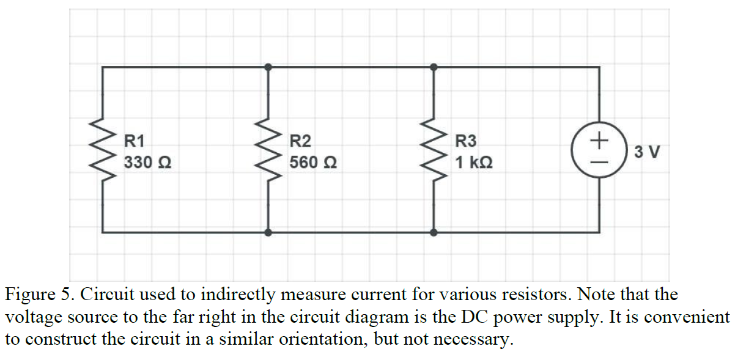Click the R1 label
(135, 141)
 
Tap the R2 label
(300, 141)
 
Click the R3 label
(466, 141)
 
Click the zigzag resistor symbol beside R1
(102, 150)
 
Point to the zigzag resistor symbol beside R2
(268, 150)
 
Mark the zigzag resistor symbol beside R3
(434, 150)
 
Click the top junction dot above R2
(268, 67)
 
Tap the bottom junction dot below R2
(268, 232)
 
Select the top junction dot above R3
(434, 67)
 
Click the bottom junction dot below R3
(434, 232)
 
